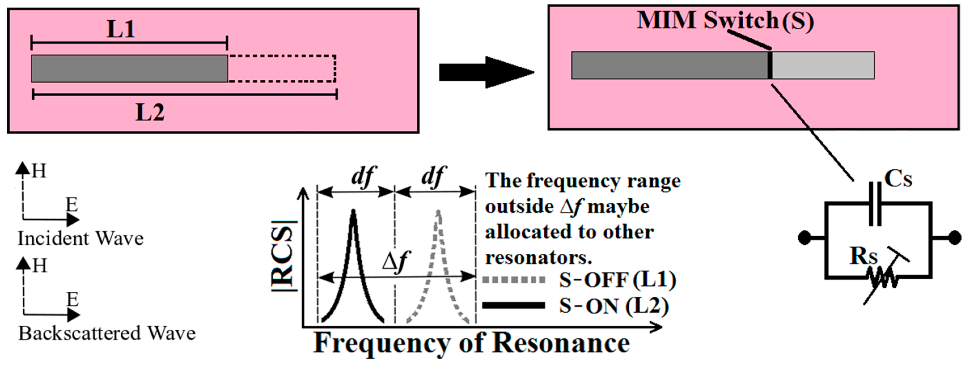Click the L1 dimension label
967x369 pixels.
tap(120, 29)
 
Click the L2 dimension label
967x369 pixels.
tap(149, 112)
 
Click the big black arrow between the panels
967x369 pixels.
tap(486, 73)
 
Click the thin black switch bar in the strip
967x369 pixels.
tap(770, 65)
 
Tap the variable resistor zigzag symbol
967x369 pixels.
tap(882, 280)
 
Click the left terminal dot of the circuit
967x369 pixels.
tap(805, 237)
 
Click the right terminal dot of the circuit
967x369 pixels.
tap(955, 237)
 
